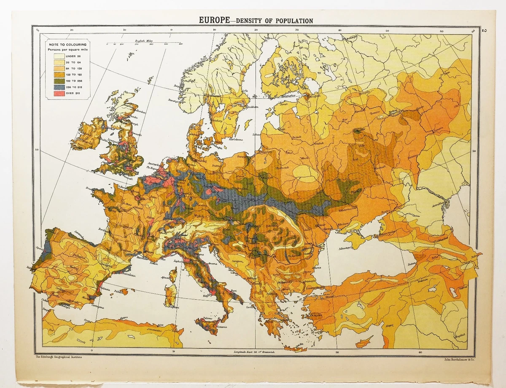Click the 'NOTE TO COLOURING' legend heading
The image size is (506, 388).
68,44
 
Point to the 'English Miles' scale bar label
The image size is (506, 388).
143,40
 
